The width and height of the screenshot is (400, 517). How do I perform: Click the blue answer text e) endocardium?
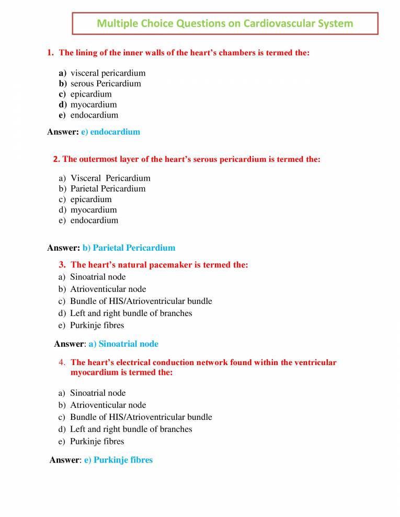(x=110, y=132)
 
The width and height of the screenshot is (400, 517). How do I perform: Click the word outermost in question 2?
(x=99, y=159)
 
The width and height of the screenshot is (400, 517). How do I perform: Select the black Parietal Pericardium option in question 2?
(x=108, y=189)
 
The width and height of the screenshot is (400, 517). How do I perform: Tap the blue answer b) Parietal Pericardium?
(x=129, y=248)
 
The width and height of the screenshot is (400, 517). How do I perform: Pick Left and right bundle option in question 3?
(x=131, y=313)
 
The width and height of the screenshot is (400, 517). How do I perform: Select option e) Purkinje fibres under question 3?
(x=97, y=325)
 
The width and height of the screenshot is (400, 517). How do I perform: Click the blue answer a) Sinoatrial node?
(x=123, y=344)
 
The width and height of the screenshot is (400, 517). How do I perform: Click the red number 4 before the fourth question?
(x=62, y=362)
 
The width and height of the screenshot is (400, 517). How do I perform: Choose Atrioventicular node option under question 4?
(x=108, y=405)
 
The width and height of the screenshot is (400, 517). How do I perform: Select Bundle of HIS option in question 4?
(x=141, y=417)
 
